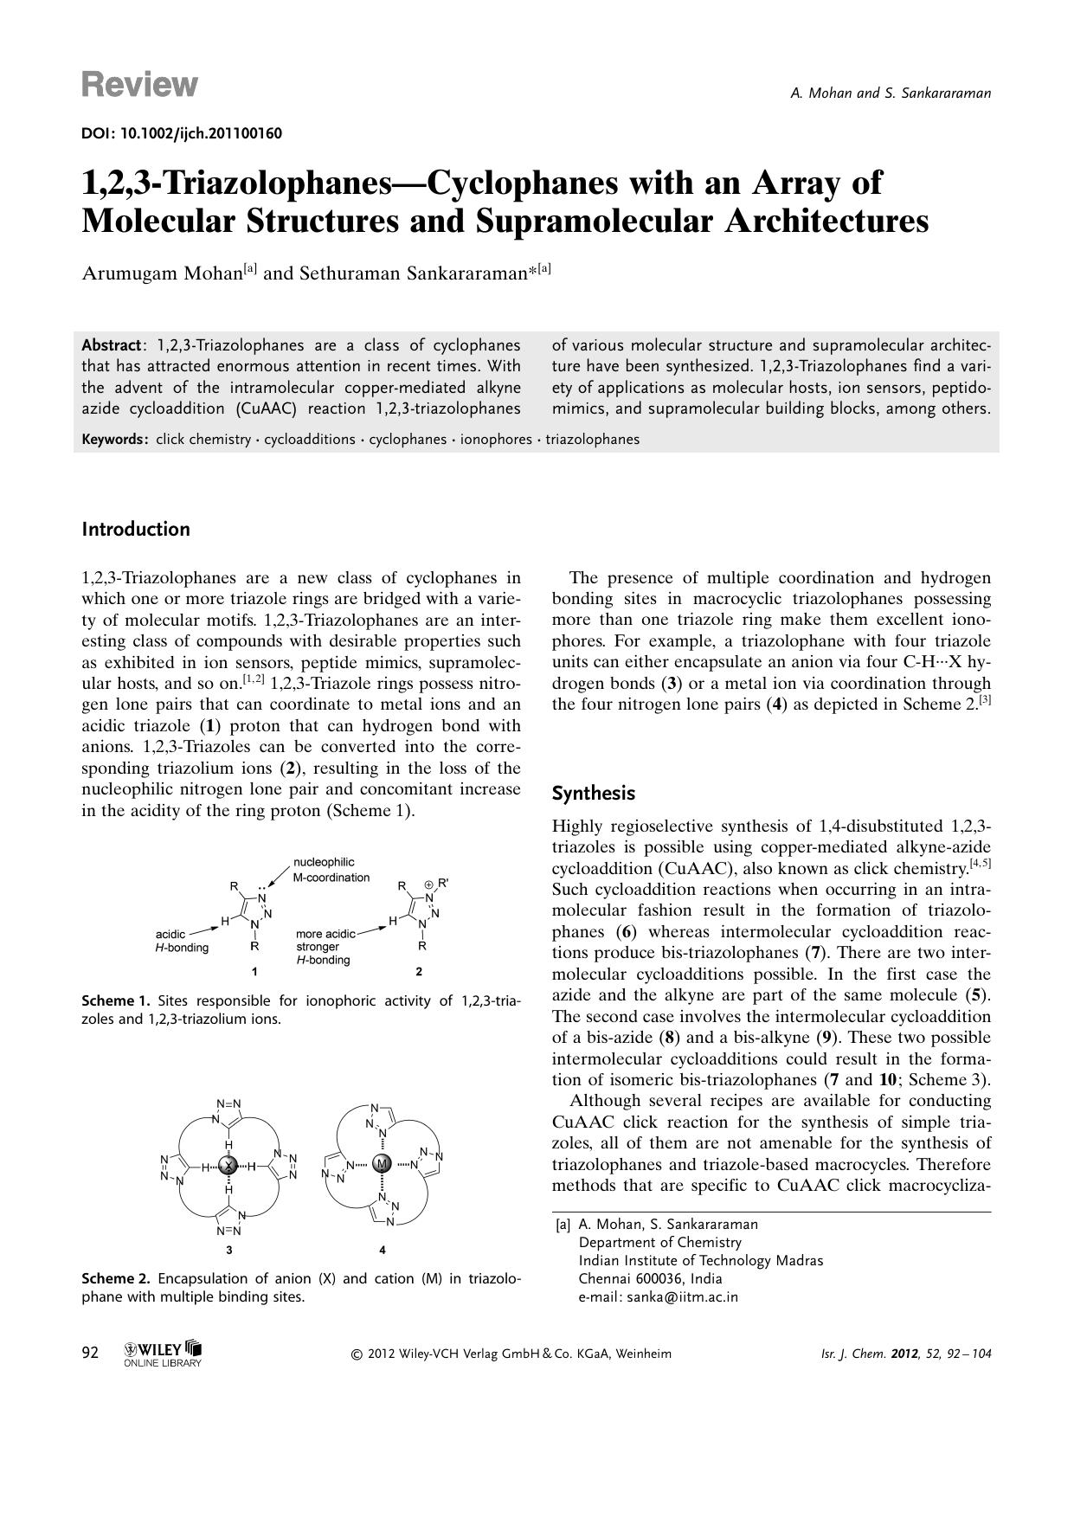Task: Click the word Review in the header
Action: (x=139, y=85)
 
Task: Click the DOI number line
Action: (x=182, y=133)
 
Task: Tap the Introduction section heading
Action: (x=136, y=529)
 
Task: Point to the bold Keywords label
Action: (x=115, y=439)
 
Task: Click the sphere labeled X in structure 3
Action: (x=228, y=1166)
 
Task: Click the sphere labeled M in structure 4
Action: (x=382, y=1165)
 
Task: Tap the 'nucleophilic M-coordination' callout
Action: (x=331, y=870)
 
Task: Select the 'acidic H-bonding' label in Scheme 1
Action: (x=182, y=941)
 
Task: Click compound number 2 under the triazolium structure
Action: (x=419, y=971)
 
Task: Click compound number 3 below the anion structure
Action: (x=228, y=1249)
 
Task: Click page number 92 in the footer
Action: (x=90, y=1353)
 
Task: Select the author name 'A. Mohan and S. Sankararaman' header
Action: (x=891, y=93)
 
